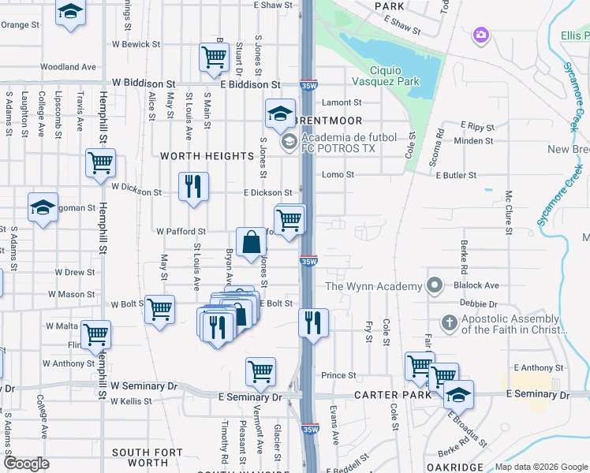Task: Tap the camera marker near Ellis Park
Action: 480,35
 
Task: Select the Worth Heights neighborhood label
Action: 207,156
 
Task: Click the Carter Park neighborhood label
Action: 391,394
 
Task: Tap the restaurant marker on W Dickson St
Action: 193,187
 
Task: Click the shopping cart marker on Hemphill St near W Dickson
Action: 101,163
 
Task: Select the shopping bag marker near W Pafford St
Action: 252,242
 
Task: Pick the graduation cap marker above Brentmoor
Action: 279,114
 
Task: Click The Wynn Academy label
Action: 373,286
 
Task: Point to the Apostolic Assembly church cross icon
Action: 449,322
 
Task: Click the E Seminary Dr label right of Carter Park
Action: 537,393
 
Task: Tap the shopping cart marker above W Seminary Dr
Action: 260,370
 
